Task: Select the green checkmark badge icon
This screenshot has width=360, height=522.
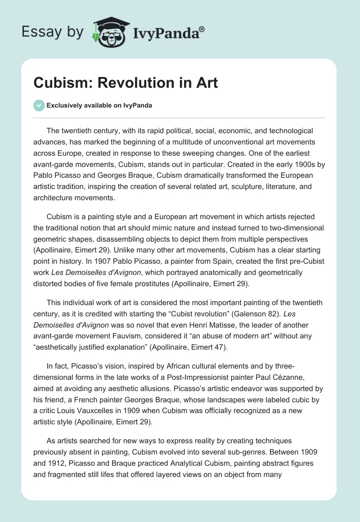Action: [x=39, y=105]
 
